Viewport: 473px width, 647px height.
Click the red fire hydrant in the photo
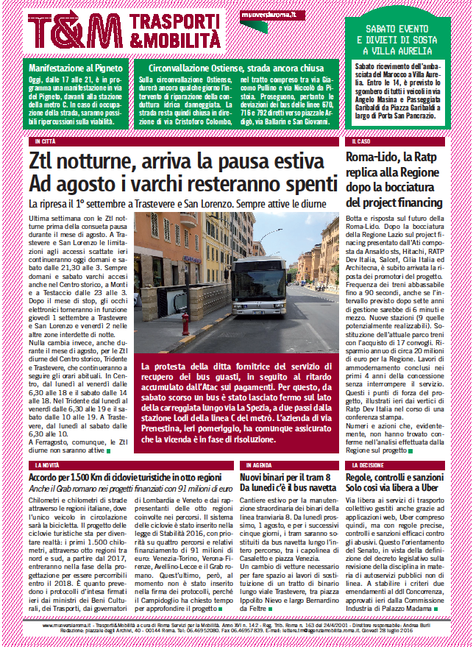(x=184, y=322)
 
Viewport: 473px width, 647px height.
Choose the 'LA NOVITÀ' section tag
(x=46, y=466)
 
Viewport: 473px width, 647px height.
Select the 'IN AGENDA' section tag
(x=258, y=466)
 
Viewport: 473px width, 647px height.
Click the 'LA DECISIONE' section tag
(x=368, y=466)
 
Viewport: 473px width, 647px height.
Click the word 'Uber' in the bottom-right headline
(x=430, y=489)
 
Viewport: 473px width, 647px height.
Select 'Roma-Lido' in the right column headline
(x=374, y=157)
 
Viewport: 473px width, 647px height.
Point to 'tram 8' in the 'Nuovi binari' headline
(x=314, y=478)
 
